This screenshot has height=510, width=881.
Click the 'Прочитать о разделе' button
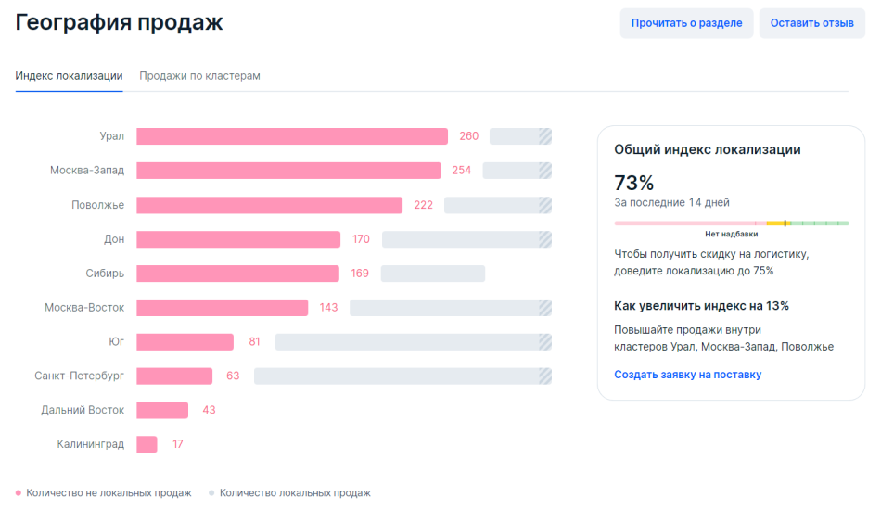(686, 23)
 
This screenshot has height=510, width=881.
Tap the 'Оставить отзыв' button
(811, 23)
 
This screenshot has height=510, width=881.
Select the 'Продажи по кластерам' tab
(199, 75)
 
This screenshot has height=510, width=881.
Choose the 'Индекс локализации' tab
(69, 75)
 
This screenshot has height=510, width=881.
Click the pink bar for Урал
(292, 136)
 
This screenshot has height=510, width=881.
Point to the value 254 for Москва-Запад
(462, 171)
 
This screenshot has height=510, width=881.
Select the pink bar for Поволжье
(269, 205)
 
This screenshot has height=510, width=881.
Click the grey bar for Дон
(466, 239)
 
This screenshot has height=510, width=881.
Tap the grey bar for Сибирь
(432, 274)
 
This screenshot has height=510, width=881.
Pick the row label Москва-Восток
(84, 307)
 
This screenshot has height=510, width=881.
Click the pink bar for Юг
(185, 341)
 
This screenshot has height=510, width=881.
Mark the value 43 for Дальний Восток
(209, 410)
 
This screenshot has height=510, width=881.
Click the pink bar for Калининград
(147, 444)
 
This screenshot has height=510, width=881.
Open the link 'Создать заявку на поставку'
(687, 375)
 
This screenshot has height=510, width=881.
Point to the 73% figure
(634, 183)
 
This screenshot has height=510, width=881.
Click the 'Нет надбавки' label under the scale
(731, 235)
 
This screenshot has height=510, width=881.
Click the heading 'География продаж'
(119, 22)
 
